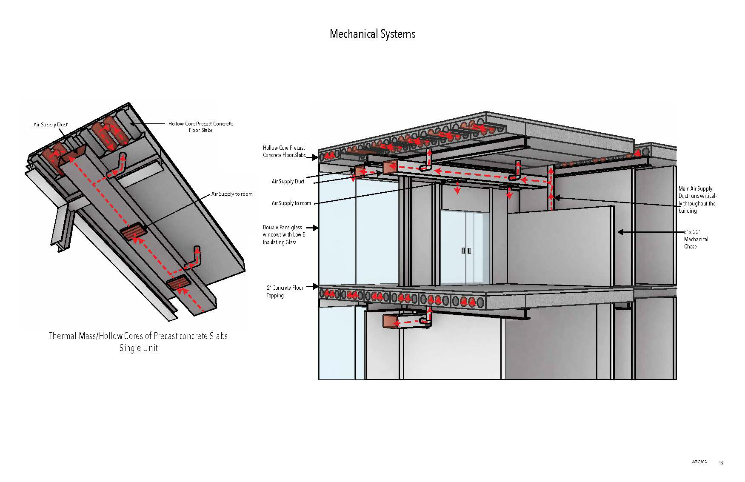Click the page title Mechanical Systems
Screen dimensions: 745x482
(372, 34)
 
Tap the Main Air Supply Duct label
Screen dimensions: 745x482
(697, 200)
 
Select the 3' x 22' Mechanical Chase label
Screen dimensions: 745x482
(696, 239)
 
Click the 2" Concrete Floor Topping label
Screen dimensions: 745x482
(285, 291)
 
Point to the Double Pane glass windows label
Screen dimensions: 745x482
(284, 235)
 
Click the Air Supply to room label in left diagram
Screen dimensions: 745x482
(232, 194)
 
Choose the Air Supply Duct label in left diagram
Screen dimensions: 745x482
(51, 125)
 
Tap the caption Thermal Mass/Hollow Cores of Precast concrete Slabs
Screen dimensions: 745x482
(138, 336)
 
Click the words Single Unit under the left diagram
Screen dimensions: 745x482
(138, 348)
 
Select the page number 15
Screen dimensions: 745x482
(721, 463)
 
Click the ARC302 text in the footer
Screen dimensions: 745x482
(699, 462)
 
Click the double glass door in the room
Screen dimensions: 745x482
(466, 249)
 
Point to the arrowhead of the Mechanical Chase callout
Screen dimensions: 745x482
(620, 232)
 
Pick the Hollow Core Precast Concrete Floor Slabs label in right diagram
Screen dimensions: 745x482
(284, 151)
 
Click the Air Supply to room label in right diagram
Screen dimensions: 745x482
(291, 203)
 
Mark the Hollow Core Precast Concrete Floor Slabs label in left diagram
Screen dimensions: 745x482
(201, 127)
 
